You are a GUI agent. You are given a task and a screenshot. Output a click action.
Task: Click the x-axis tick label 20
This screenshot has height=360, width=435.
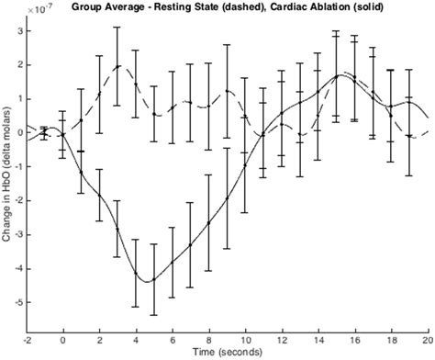[x=428, y=339]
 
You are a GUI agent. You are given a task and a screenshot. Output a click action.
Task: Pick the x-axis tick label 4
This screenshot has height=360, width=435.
[x=136, y=339]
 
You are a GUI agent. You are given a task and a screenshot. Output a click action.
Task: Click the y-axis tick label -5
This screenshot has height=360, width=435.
[x=16, y=301]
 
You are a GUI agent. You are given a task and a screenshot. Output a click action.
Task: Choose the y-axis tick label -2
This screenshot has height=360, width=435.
[x=16, y=200]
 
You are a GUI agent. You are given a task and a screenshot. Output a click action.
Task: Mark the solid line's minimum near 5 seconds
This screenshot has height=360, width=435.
[x=148, y=281]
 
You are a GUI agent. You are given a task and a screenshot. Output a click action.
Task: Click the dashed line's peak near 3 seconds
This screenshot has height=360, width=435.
[x=119, y=66]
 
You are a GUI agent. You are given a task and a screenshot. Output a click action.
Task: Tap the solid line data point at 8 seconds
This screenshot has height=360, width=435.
[x=209, y=223]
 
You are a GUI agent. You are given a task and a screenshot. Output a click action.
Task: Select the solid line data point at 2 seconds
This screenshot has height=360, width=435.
[x=99, y=195]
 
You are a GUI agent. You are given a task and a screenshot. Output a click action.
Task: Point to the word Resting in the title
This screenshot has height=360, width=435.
[x=189, y=9]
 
